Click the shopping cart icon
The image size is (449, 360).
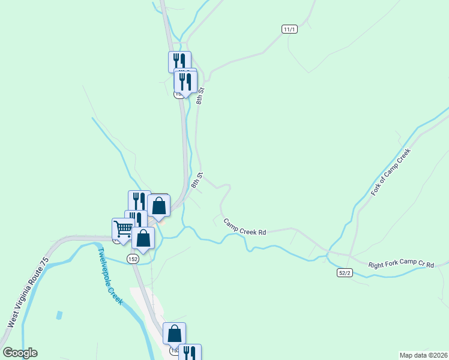tap(123, 229)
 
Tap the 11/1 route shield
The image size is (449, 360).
tap(289, 29)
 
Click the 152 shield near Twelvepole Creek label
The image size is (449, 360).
tap(133, 258)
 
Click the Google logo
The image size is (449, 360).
tap(20, 353)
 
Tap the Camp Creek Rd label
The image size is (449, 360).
tap(244, 227)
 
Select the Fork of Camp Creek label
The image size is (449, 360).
tap(390, 172)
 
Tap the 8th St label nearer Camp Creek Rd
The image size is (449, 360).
tap(197, 180)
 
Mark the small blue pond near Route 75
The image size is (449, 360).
tap(59, 315)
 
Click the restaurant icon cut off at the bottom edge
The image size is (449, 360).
tap(190, 353)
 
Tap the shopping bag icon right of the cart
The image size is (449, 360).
tap(143, 238)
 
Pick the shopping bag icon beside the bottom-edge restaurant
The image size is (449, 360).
tap(174, 333)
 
